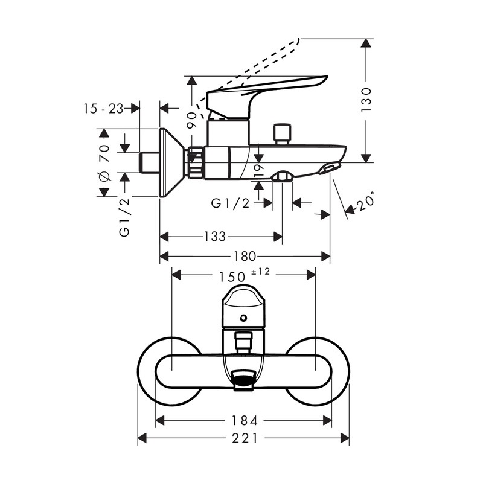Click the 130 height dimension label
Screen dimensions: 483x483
[x=366, y=100]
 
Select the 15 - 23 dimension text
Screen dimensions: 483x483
[x=103, y=108]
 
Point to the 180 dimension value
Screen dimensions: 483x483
[x=245, y=256]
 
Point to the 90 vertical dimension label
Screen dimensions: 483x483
[x=191, y=119]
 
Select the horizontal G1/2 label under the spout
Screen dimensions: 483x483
[x=230, y=204]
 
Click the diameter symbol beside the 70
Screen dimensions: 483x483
[x=103, y=177]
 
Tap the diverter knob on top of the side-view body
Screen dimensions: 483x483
[x=281, y=132]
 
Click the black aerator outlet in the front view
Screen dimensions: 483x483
[x=243, y=380]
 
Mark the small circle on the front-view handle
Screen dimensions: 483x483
[x=243, y=318]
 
